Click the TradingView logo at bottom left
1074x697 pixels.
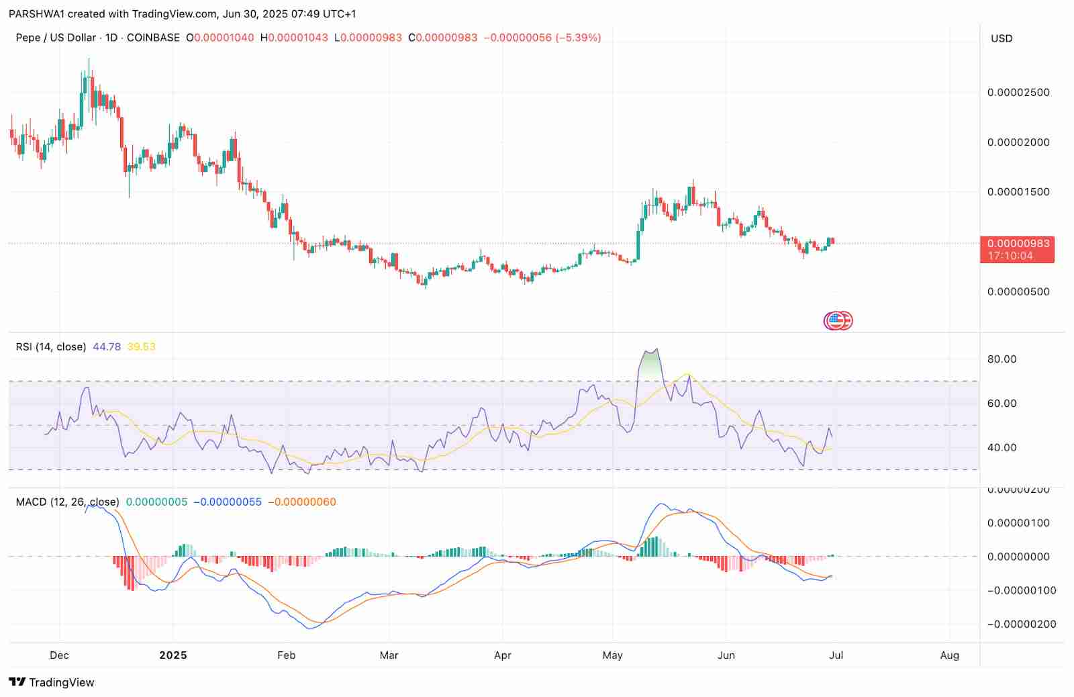coord(52,682)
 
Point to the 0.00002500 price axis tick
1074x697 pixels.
coord(1018,93)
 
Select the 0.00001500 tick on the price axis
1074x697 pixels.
coord(1018,192)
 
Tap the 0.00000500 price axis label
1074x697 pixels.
coord(1018,292)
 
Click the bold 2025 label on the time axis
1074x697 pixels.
coord(173,655)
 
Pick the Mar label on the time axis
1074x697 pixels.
coord(389,655)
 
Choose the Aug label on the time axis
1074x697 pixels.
coord(949,655)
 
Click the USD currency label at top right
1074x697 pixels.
coord(1002,38)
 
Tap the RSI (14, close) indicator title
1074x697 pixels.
coord(51,347)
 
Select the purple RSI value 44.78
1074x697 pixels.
coord(107,347)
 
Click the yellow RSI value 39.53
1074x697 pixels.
coord(141,347)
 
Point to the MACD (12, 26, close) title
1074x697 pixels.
coord(67,502)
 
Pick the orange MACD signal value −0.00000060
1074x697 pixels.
coord(302,502)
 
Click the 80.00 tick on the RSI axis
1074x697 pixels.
coord(1002,359)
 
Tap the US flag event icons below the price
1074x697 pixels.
coord(838,321)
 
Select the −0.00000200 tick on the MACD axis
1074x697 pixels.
coord(1018,624)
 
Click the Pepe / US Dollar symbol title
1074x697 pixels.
coord(56,38)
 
